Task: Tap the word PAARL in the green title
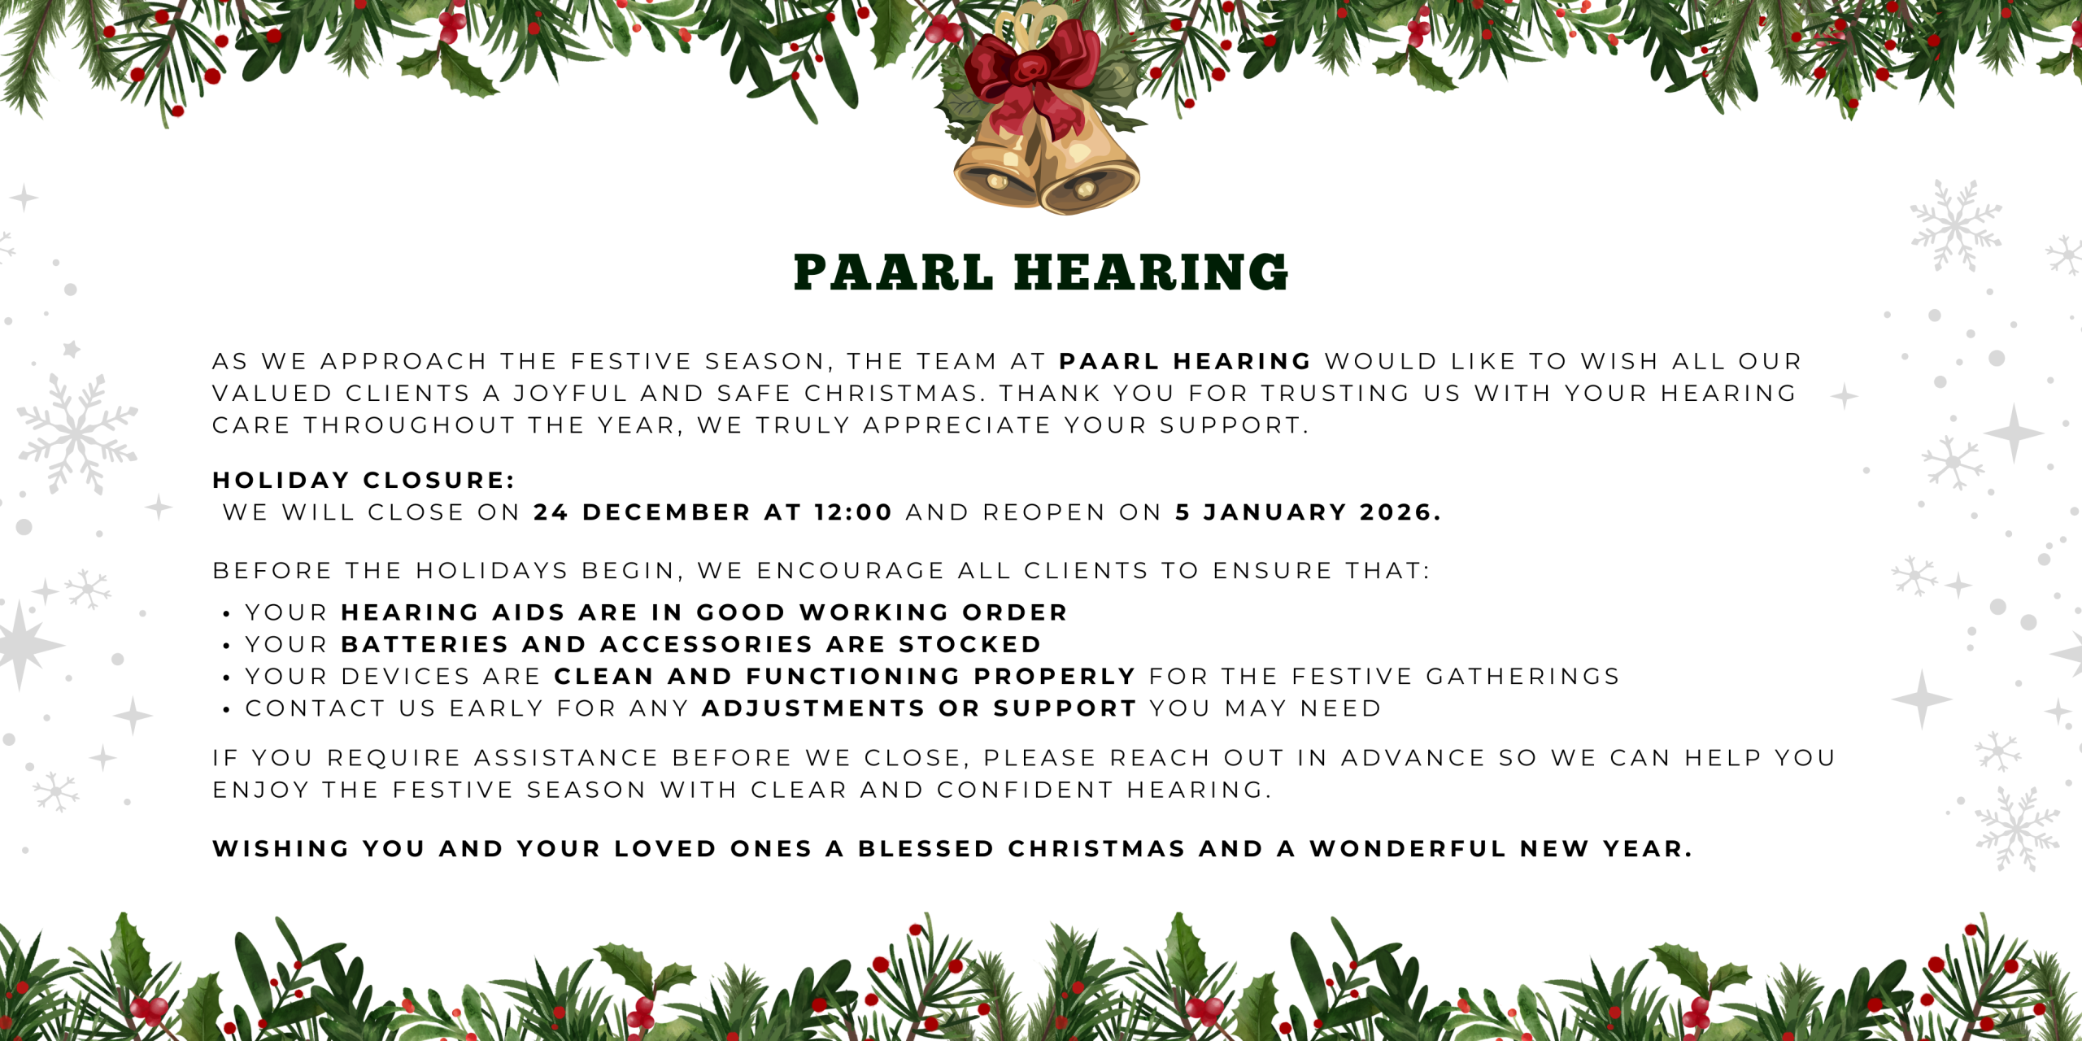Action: (x=893, y=272)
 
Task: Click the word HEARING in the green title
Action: (x=1151, y=272)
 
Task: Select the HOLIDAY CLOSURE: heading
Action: (x=364, y=480)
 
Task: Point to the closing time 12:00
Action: (x=853, y=512)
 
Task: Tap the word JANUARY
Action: (x=1275, y=512)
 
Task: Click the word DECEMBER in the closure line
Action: (x=667, y=512)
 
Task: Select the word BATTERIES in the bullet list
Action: (x=425, y=644)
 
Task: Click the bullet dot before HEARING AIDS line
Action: (x=226, y=614)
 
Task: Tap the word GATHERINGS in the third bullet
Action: (x=1523, y=676)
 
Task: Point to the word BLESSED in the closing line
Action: (x=926, y=848)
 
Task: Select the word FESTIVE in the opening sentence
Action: (x=631, y=361)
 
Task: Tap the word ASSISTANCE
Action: (x=566, y=758)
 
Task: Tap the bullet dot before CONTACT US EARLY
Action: (x=226, y=710)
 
